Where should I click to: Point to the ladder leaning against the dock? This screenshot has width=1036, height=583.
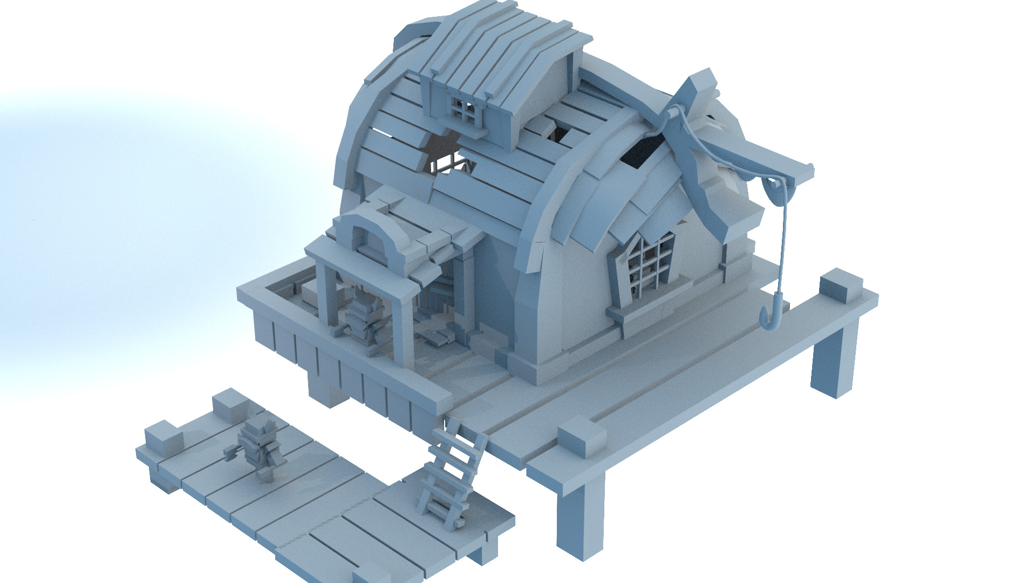pos(453,470)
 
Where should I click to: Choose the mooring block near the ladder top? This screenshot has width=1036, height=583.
pos(582,438)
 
